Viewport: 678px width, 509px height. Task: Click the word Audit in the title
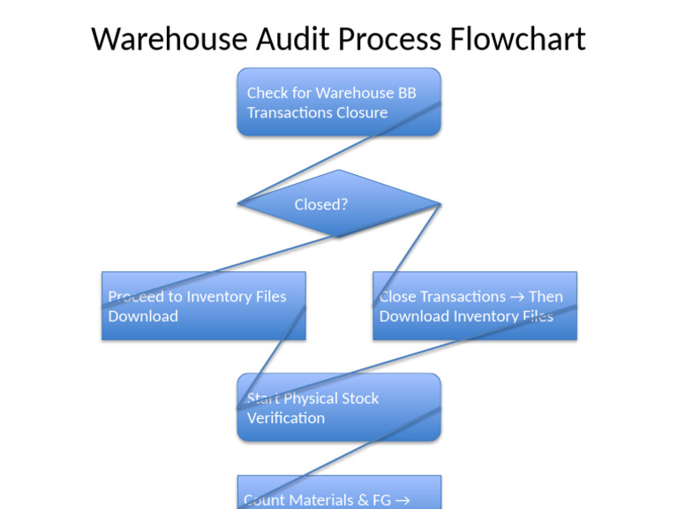pyautogui.click(x=290, y=40)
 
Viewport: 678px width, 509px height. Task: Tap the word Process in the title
pyautogui.click(x=390, y=40)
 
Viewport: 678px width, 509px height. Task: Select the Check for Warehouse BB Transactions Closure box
pyautogui.click(x=339, y=102)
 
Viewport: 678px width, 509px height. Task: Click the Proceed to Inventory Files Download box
pyautogui.click(x=203, y=306)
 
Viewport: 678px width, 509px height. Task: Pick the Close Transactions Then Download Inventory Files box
pyautogui.click(x=475, y=306)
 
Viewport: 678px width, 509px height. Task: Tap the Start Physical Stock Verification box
pyautogui.click(x=339, y=407)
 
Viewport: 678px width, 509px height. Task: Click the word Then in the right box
pyautogui.click(x=546, y=297)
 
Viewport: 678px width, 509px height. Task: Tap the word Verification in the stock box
pyautogui.click(x=286, y=418)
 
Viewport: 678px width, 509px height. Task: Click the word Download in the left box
pyautogui.click(x=143, y=316)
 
